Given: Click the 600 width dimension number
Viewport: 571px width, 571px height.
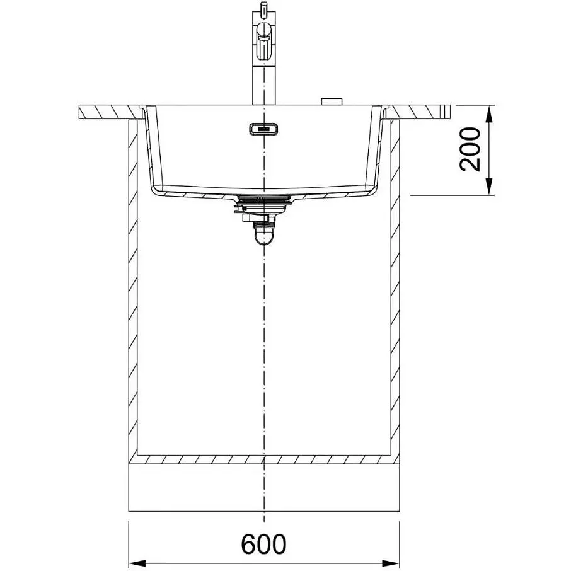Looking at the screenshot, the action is (x=263, y=545).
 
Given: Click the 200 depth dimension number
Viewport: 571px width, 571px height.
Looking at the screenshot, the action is (x=470, y=149).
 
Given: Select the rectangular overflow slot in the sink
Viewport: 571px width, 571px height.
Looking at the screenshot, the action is (x=264, y=129).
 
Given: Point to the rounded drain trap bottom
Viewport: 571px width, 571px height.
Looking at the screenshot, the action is (x=263, y=236).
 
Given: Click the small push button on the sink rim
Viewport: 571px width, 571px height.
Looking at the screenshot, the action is (x=332, y=101).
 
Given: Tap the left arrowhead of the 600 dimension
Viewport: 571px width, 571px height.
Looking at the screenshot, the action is (x=137, y=562).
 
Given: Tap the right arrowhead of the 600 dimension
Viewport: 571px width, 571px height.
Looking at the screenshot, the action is (x=391, y=562).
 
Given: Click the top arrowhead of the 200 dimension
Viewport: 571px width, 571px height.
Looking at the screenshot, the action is (x=489, y=113).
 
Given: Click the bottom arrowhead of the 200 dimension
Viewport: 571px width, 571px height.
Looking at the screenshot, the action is (x=489, y=187).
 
